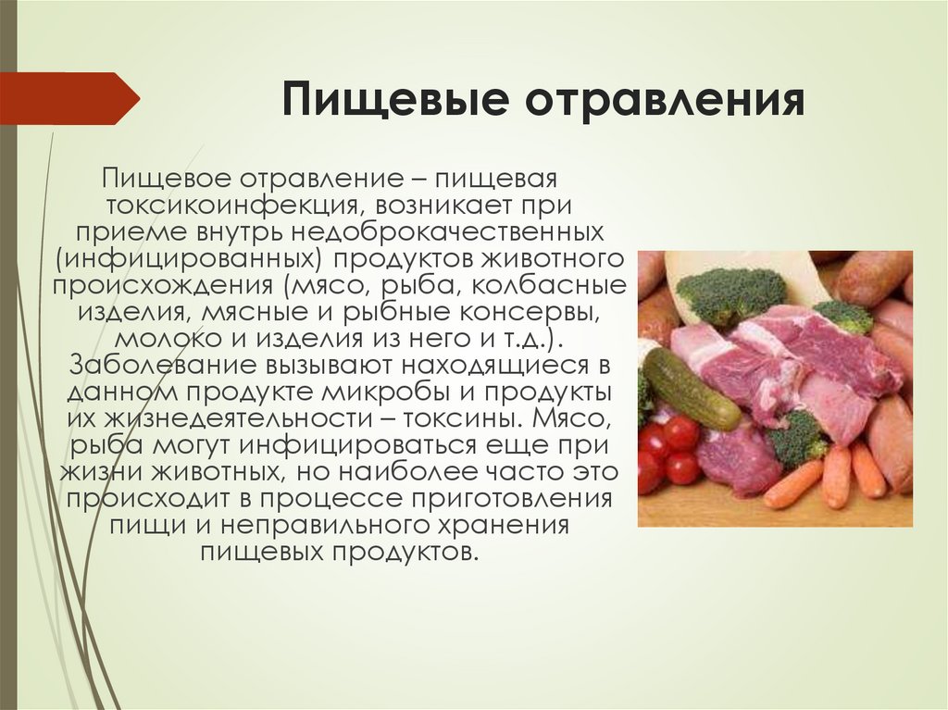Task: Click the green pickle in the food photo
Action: click(x=690, y=389)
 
